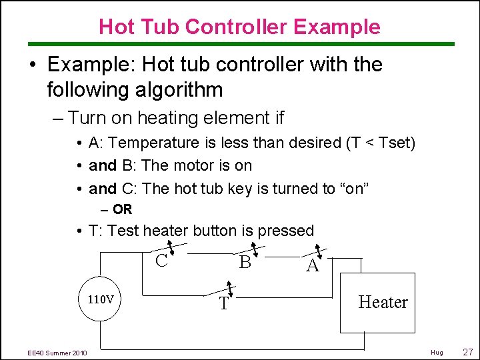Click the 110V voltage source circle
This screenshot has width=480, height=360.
(101, 299)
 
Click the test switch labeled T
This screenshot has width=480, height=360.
(228, 292)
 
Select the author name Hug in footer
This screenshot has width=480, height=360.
(437, 352)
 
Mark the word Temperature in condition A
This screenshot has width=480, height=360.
(154, 143)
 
